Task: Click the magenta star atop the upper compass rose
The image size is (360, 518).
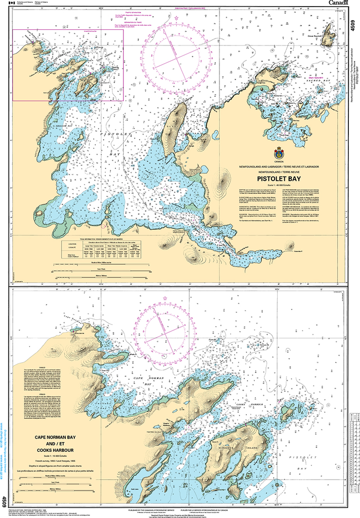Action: click(176, 18)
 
